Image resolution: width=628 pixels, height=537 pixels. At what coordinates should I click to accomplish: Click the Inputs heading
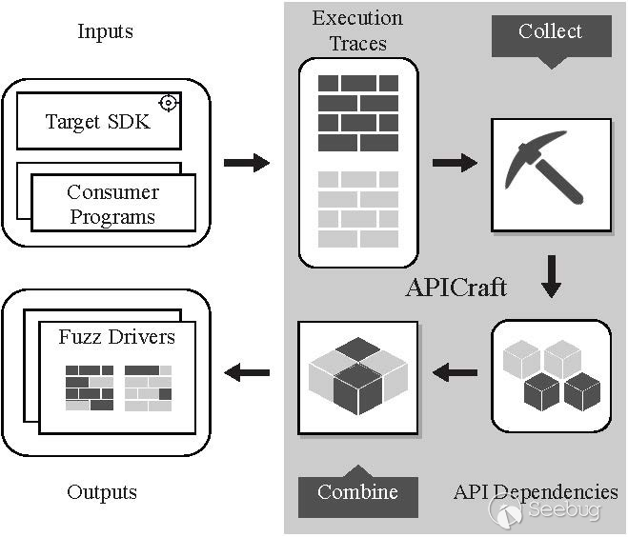[105, 31]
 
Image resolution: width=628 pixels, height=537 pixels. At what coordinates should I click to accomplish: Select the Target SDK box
[98, 121]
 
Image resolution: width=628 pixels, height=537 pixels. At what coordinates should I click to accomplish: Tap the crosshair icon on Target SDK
[169, 102]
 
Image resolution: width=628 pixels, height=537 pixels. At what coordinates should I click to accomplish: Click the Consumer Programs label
[111, 205]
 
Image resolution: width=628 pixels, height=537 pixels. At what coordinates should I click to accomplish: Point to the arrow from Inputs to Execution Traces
[246, 164]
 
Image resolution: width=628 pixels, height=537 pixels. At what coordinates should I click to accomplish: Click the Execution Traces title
[357, 30]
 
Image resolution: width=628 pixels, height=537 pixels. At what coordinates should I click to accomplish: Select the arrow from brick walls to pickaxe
[455, 164]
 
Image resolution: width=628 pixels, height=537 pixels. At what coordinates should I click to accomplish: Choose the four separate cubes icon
[551, 375]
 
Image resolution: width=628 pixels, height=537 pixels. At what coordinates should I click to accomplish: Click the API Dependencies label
[535, 492]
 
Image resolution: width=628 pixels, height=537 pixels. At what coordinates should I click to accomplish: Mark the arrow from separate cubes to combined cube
[455, 373]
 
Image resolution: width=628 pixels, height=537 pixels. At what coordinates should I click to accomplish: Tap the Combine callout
[356, 491]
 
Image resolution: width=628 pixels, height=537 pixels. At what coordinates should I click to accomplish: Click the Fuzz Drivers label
[116, 337]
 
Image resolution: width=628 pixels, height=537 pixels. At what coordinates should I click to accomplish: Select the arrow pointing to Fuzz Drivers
[246, 373]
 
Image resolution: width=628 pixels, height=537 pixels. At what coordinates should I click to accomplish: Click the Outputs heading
[102, 492]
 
